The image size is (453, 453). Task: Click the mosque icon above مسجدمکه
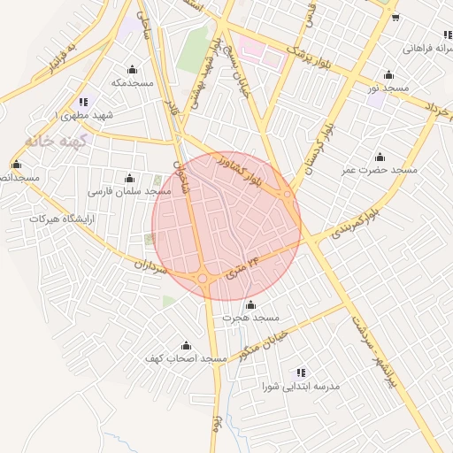pyautogui.click(x=133, y=69)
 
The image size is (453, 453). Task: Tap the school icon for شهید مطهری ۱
pyautogui.click(x=83, y=102)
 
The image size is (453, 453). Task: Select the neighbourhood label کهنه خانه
pyautogui.click(x=54, y=141)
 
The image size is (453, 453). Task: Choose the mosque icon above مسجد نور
pyautogui.click(x=388, y=75)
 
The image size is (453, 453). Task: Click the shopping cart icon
pyautogui.click(x=395, y=17)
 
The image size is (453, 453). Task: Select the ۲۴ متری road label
pyautogui.click(x=242, y=266)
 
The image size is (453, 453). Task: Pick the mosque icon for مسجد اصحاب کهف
pyautogui.click(x=186, y=345)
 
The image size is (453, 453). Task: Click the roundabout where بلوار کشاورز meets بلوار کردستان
pyautogui.click(x=288, y=196)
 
